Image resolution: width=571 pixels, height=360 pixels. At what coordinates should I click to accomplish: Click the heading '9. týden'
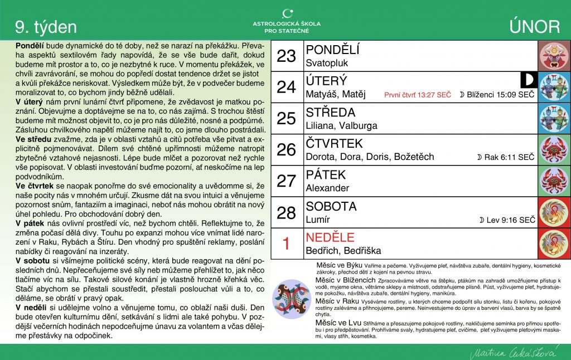[x=46, y=27]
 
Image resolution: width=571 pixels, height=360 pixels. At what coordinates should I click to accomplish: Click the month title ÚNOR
[x=534, y=27]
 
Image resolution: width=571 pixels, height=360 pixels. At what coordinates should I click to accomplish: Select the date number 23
[x=286, y=56]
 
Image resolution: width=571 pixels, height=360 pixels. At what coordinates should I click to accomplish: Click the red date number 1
[x=286, y=244]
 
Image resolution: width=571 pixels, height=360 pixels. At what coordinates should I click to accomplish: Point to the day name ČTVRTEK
[x=334, y=144]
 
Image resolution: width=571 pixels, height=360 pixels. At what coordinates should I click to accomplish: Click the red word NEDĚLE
[x=330, y=237]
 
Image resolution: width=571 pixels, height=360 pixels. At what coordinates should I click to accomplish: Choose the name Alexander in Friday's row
[x=327, y=188]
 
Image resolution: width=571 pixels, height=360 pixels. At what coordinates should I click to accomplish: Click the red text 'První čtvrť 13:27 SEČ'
[x=418, y=95]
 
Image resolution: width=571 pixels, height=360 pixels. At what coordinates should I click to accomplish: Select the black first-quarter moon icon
[x=526, y=80]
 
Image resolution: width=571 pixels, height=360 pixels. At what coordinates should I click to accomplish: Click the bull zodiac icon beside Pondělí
[x=554, y=56]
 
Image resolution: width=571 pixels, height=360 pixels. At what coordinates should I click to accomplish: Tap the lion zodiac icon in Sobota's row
[x=554, y=212]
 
